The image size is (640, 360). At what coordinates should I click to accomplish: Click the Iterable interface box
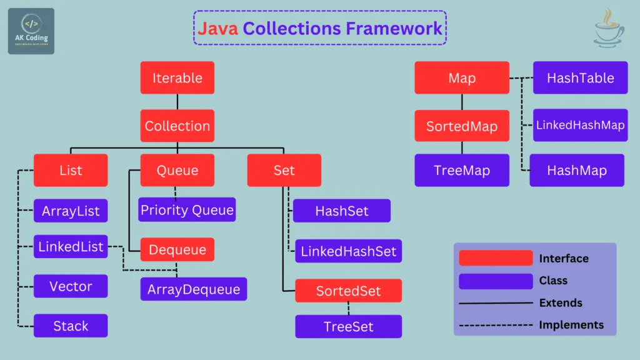(177, 78)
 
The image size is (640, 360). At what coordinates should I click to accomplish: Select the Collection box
(177, 126)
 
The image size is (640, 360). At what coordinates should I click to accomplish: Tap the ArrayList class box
(71, 211)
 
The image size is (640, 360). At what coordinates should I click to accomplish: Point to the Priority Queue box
(187, 209)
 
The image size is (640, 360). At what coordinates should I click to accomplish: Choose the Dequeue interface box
(177, 249)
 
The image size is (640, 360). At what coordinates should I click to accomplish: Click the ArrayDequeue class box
(194, 289)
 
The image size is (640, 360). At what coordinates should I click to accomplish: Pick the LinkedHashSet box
(348, 251)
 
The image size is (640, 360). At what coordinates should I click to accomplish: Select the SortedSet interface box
(348, 291)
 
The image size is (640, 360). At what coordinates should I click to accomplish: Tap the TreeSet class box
(348, 326)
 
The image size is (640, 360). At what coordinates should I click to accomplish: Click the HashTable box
(580, 78)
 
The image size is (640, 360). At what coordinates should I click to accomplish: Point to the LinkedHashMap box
(580, 125)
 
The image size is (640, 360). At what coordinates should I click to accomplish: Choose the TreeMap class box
(462, 171)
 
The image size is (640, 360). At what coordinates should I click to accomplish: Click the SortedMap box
(462, 126)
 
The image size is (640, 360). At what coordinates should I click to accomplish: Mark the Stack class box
(71, 326)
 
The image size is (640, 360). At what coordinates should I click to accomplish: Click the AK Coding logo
(31, 31)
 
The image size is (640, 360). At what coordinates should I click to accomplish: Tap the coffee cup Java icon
(608, 29)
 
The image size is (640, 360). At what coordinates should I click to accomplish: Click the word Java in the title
(218, 28)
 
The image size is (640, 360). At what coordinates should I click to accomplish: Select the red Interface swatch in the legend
(496, 258)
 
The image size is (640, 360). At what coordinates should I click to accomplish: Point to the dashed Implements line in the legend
(496, 325)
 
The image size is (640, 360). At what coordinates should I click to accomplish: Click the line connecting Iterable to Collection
(177, 102)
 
